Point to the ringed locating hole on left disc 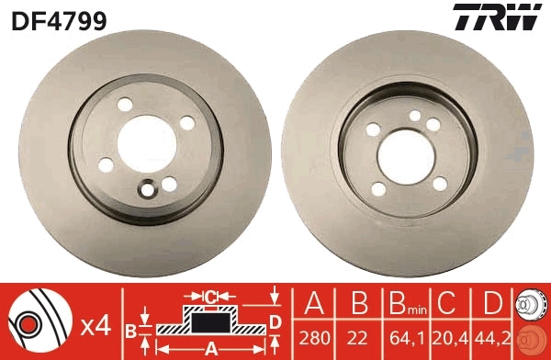click(x=146, y=191)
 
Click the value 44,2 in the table click(x=492, y=339)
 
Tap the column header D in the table click(x=492, y=304)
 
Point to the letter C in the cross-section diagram click(x=210, y=296)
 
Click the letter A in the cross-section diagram click(x=211, y=347)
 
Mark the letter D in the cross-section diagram click(x=275, y=321)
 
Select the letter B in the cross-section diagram click(x=130, y=331)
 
